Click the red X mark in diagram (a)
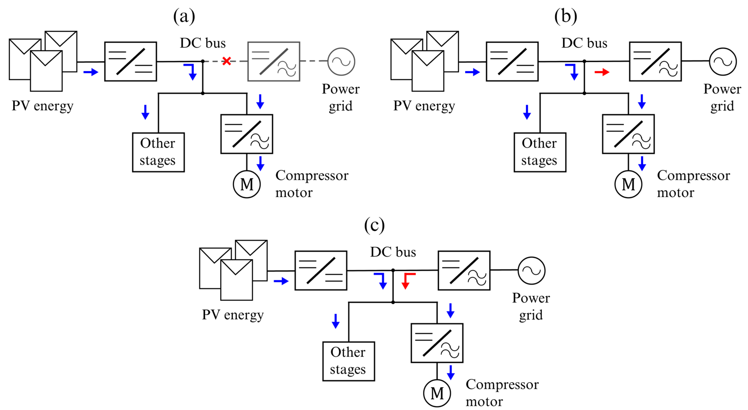[227, 61]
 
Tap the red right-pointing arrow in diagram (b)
[602, 72]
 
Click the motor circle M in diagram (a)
[247, 184]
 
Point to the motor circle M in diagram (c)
[437, 393]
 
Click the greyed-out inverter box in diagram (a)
[273, 61]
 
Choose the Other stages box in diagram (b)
[539, 152]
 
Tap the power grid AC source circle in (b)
[722, 62]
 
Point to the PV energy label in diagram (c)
[233, 315]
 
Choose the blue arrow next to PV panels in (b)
[472, 72]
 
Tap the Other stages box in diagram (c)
[348, 361]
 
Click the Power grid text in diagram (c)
[530, 306]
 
